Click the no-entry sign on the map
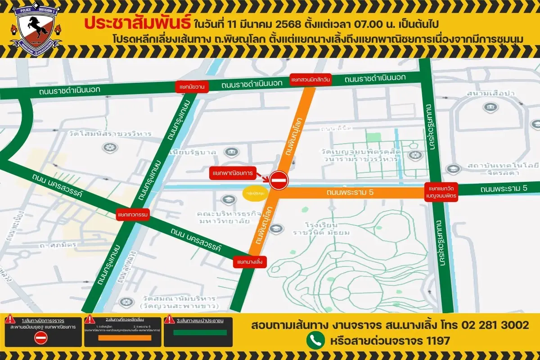coord(279,180)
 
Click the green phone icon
coord(315,340)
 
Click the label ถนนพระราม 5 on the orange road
coord(350,193)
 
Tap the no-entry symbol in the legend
coord(41,337)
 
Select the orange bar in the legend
coord(122,338)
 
